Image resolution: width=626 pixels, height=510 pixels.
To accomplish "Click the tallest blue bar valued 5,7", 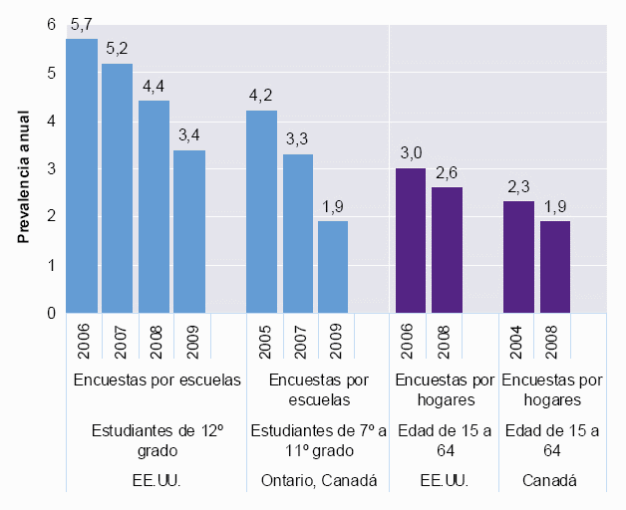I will (x=82, y=176).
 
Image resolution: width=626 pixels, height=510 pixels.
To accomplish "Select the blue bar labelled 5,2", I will (x=118, y=188).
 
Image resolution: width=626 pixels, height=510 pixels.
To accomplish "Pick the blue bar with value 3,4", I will (x=189, y=231).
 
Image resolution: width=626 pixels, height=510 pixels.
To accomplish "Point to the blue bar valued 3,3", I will (x=298, y=234).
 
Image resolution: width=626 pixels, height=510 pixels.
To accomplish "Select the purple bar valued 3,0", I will (x=411, y=241).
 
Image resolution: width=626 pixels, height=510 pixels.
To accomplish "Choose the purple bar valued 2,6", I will (x=447, y=250).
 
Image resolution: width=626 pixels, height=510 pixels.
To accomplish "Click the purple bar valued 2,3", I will (x=519, y=257).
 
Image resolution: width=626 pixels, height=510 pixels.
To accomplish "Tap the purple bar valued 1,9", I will (x=555, y=267).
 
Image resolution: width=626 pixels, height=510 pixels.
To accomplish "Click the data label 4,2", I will (x=262, y=97).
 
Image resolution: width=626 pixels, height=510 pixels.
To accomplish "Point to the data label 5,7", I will (x=82, y=25).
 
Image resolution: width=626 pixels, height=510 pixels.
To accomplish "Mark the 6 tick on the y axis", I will (x=51, y=25).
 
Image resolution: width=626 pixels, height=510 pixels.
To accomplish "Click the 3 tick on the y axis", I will (x=51, y=169).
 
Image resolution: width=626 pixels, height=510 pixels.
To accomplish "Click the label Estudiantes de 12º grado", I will (x=157, y=441).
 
